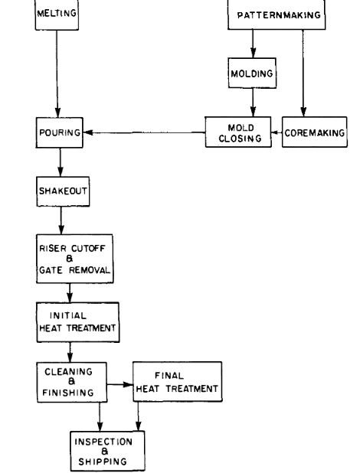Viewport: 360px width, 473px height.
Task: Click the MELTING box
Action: pos(57,14)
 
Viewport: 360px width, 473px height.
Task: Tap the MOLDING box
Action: pos(252,73)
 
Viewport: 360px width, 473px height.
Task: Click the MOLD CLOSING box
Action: pos(237,132)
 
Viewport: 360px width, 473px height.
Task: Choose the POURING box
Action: pos(58,132)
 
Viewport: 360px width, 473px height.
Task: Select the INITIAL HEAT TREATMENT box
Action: pos(79,322)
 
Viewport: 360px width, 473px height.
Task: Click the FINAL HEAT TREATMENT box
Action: pos(177,382)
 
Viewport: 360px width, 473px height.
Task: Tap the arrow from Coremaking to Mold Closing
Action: pos(277,132)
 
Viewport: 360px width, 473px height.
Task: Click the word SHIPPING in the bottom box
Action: pos(104,461)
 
